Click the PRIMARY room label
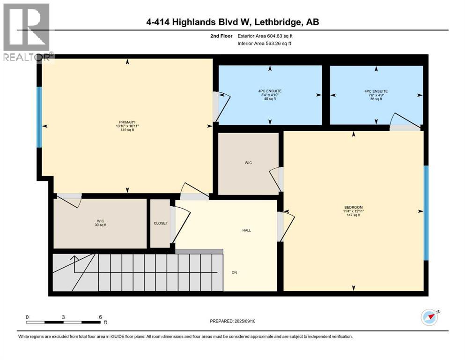[x=126, y=122]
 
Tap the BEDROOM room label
[x=353, y=207]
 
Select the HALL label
[x=246, y=230]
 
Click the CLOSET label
[x=160, y=224]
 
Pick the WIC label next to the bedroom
[x=248, y=163]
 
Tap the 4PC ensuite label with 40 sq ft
[x=270, y=91]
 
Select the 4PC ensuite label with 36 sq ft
[x=376, y=91]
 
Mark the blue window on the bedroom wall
[x=426, y=212]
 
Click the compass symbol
[x=429, y=317]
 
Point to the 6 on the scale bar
[x=100, y=317]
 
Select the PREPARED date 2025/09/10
[x=236, y=321]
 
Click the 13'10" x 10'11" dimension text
[x=126, y=127]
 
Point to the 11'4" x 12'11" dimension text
[x=353, y=211]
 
